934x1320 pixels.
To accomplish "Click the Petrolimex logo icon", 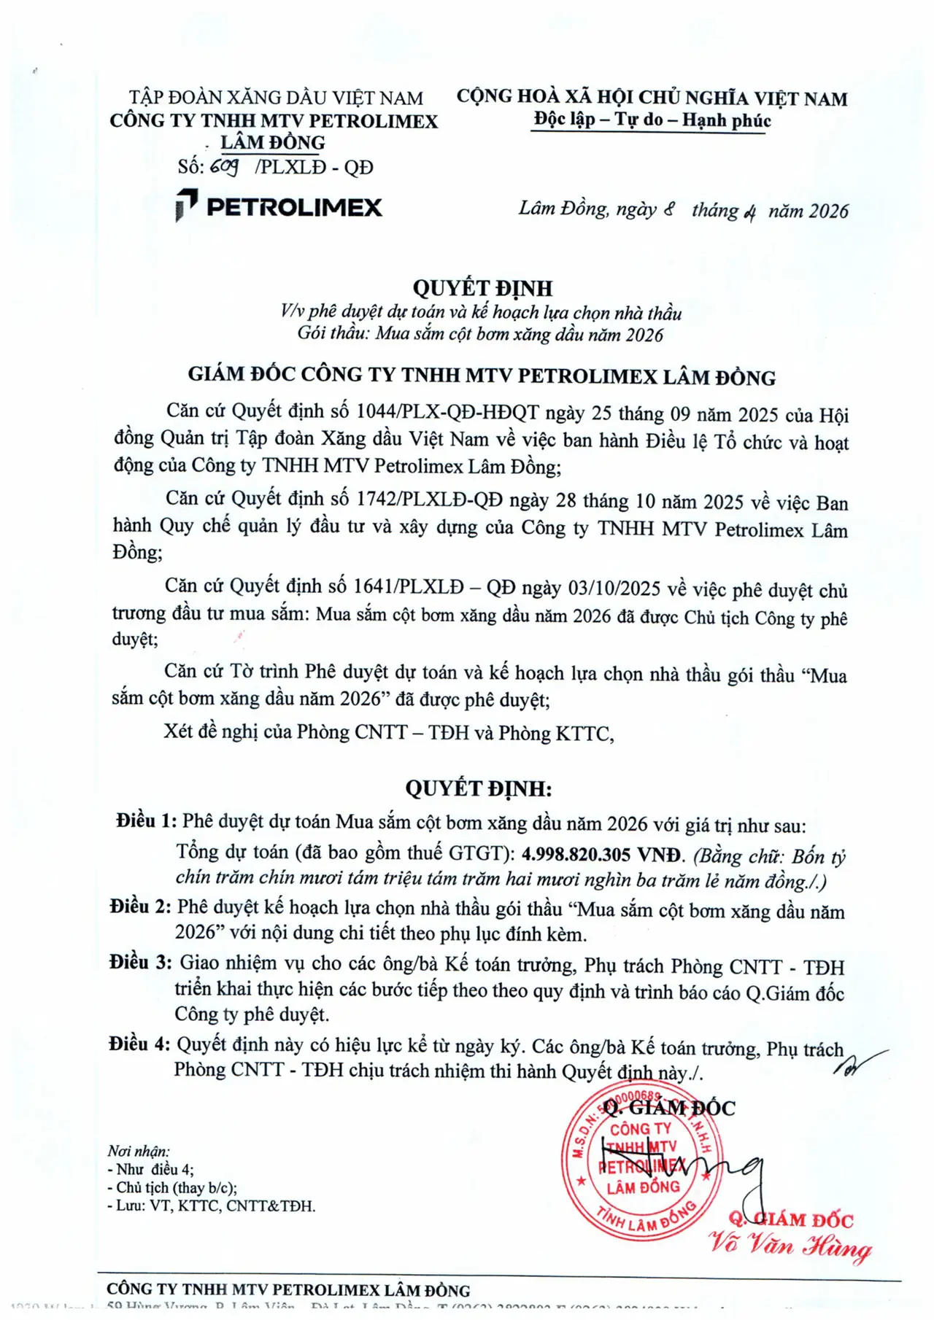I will coord(186,205).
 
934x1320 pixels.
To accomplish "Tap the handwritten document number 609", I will coord(224,167).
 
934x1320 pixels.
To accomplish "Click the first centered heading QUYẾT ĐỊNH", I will coord(482,288).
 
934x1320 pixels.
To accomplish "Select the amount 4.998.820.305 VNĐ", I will coord(603,855).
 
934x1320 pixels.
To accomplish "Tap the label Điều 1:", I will coord(146,821).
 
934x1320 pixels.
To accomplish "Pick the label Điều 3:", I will coord(141,963).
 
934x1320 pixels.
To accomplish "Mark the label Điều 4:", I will coord(140,1044).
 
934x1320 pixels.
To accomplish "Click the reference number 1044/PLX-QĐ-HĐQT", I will coord(447,413).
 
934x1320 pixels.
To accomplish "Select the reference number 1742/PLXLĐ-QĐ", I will coord(429,500).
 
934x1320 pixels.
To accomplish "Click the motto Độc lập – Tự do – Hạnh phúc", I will coord(652,120).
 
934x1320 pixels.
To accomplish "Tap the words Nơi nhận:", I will coord(139,1151).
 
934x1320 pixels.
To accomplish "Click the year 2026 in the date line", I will coord(829,211).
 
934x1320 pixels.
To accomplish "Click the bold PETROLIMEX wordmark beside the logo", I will coord(294,207).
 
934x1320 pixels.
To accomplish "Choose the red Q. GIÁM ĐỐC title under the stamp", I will coord(791,1219).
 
